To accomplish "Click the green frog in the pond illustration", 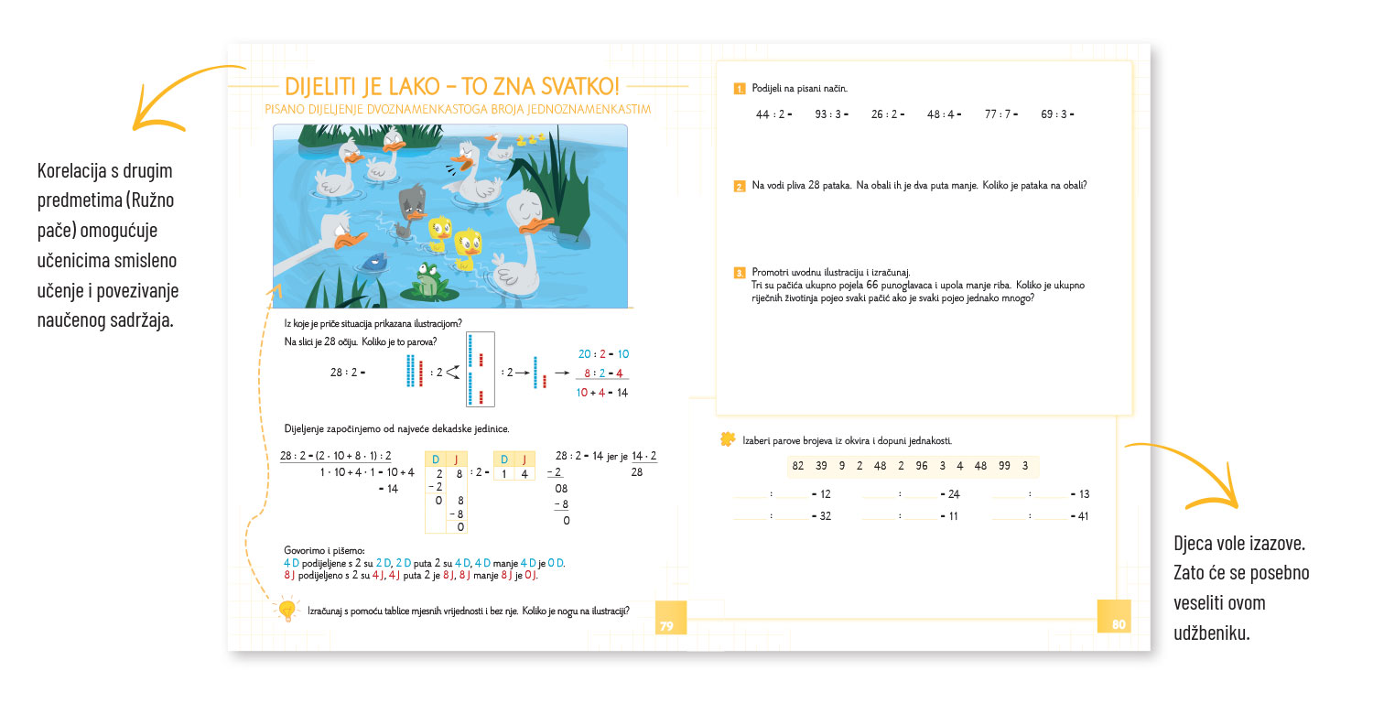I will (427, 278).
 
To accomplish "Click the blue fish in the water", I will (373, 263).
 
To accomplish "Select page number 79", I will (666, 626).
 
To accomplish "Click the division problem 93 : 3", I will (828, 114).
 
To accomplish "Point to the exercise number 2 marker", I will (739, 187).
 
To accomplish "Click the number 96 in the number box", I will (921, 466).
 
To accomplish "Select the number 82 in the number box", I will (797, 466).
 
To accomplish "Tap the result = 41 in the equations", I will (1079, 516).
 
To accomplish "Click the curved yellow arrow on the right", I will (1190, 471).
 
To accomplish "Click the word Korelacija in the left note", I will (73, 171).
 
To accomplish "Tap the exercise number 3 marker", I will (739, 273).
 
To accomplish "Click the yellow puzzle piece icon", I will (728, 439).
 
